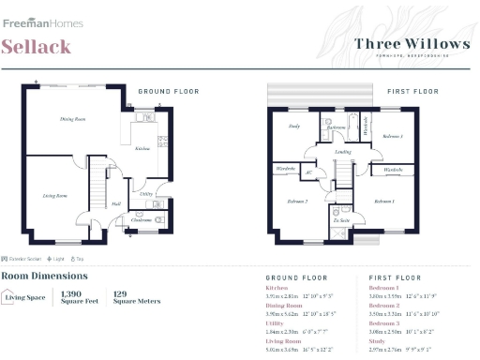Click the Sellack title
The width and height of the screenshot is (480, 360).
pyautogui.click(x=37, y=48)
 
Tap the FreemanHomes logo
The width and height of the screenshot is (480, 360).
pyautogui.click(x=42, y=22)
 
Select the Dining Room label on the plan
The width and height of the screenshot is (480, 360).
pyautogui.click(x=73, y=119)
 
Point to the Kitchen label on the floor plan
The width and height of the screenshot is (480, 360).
pyautogui.click(x=142, y=148)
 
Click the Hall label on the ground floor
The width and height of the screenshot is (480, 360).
pyautogui.click(x=115, y=203)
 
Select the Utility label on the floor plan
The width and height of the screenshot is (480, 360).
pyautogui.click(x=145, y=193)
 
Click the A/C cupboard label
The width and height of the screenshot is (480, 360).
pyautogui.click(x=308, y=172)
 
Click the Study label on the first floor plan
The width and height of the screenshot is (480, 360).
pyautogui.click(x=293, y=125)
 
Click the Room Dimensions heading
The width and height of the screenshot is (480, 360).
pyautogui.click(x=44, y=276)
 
